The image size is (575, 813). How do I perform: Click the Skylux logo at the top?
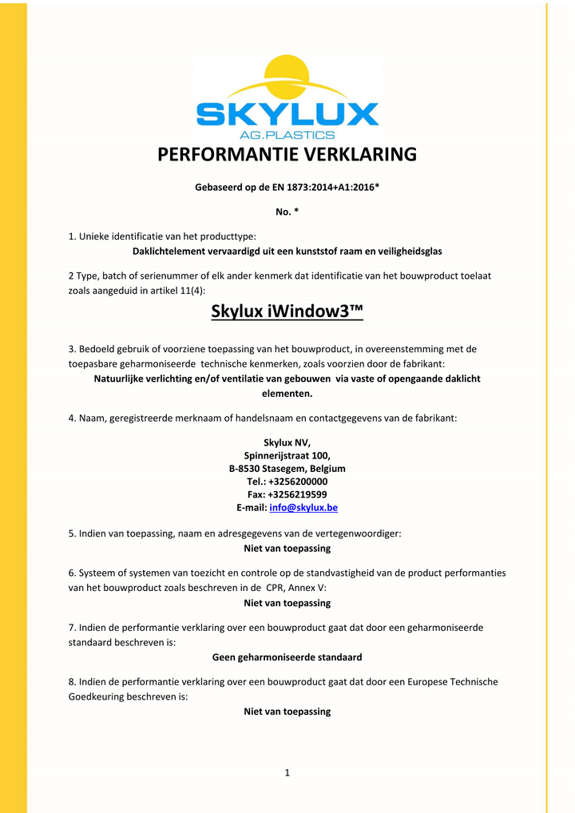pyautogui.click(x=287, y=99)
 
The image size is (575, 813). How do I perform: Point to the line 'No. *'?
pyautogui.click(x=287, y=212)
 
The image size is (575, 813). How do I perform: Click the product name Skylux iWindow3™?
pyautogui.click(x=287, y=311)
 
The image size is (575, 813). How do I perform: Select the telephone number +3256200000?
pyautogui.click(x=298, y=482)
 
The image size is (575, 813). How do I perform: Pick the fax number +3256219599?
pyautogui.click(x=299, y=494)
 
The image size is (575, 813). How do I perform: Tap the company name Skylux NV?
pyautogui.click(x=287, y=442)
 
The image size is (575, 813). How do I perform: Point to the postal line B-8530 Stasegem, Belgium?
pyautogui.click(x=287, y=468)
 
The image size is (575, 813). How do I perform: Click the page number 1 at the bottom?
pyautogui.click(x=287, y=772)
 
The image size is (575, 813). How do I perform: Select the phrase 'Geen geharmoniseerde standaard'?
pyautogui.click(x=287, y=657)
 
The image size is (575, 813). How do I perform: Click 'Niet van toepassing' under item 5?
pyautogui.click(x=287, y=549)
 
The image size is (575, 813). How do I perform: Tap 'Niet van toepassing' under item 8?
pyautogui.click(x=287, y=712)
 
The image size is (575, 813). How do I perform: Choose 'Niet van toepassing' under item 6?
pyautogui.click(x=287, y=603)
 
